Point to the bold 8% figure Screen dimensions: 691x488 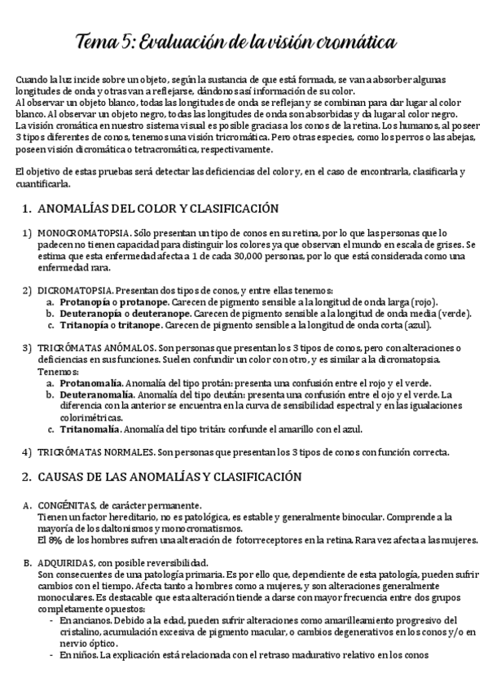(54, 539)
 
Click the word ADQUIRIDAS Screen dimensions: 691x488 (64, 563)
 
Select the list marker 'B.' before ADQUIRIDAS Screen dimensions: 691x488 (28, 563)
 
